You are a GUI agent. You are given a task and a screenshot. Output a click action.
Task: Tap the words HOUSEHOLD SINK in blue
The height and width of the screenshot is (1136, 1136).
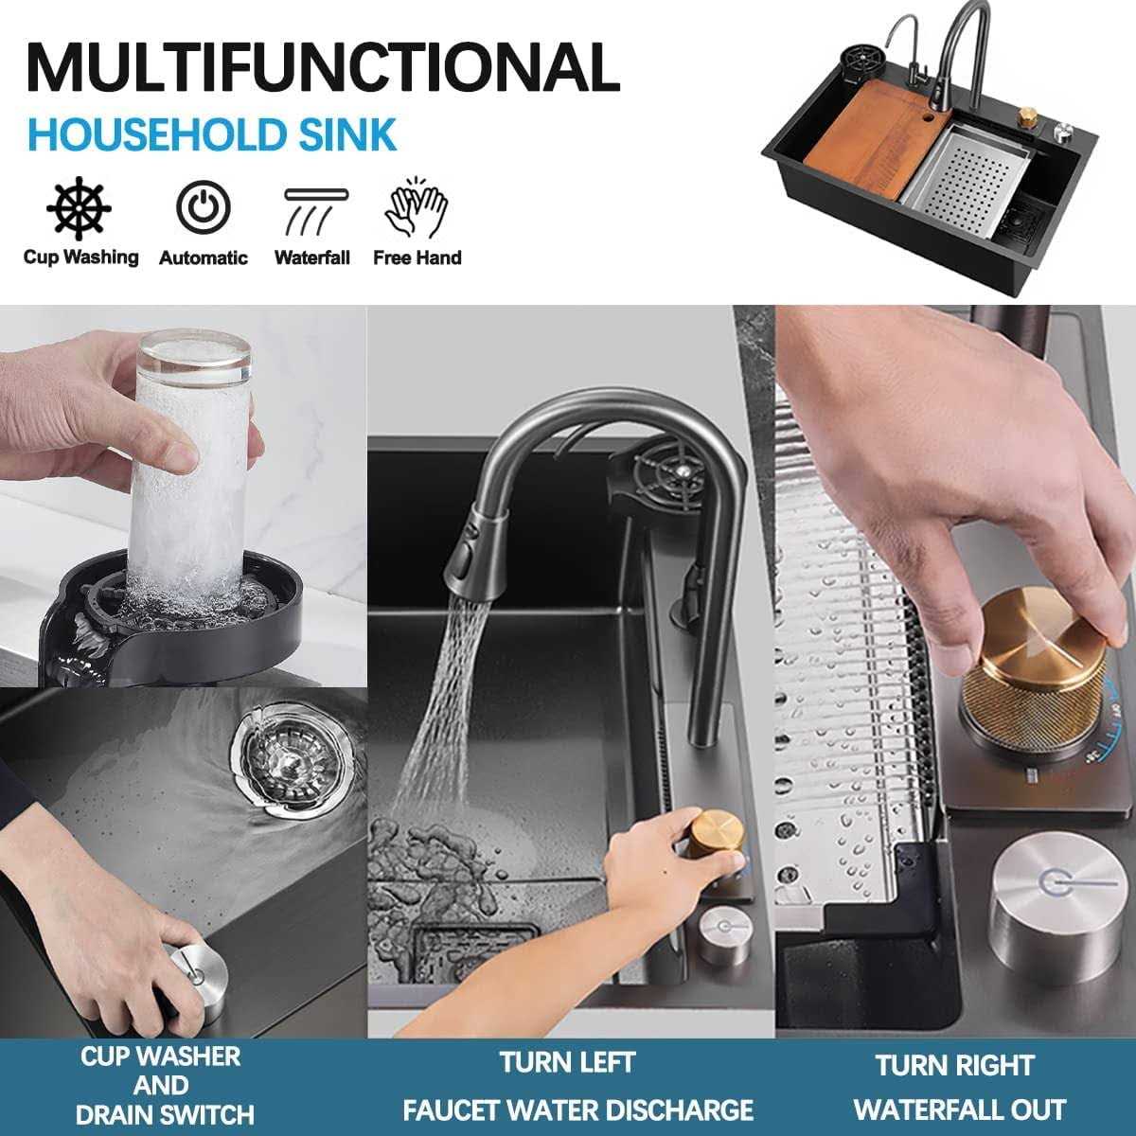click(x=212, y=134)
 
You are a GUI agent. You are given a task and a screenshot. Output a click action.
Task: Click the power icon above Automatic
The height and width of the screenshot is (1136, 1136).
click(x=203, y=205)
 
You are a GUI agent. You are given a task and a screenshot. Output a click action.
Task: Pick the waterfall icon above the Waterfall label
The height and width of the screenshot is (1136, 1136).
click(x=312, y=207)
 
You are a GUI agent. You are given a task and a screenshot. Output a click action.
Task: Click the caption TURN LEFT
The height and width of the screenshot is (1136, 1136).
click(x=567, y=1061)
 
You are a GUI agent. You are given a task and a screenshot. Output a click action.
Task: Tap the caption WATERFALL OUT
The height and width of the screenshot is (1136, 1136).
click(x=959, y=1109)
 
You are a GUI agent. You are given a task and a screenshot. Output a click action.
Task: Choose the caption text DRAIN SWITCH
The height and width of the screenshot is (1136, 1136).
click(x=165, y=1114)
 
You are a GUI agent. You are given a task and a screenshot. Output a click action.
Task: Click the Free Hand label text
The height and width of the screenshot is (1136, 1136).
click(x=417, y=257)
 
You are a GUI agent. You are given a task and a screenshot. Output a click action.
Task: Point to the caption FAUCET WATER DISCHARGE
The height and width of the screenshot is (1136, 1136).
click(x=577, y=1109)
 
